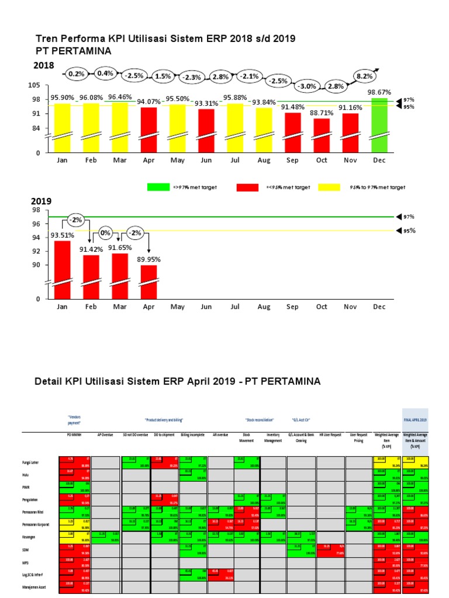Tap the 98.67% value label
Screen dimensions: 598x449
(379, 92)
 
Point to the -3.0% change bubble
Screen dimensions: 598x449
(307, 86)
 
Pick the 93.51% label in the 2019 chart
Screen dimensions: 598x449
(63, 235)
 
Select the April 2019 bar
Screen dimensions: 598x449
(148, 282)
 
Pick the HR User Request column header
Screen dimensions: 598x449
(330, 435)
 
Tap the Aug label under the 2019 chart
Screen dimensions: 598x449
(264, 307)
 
